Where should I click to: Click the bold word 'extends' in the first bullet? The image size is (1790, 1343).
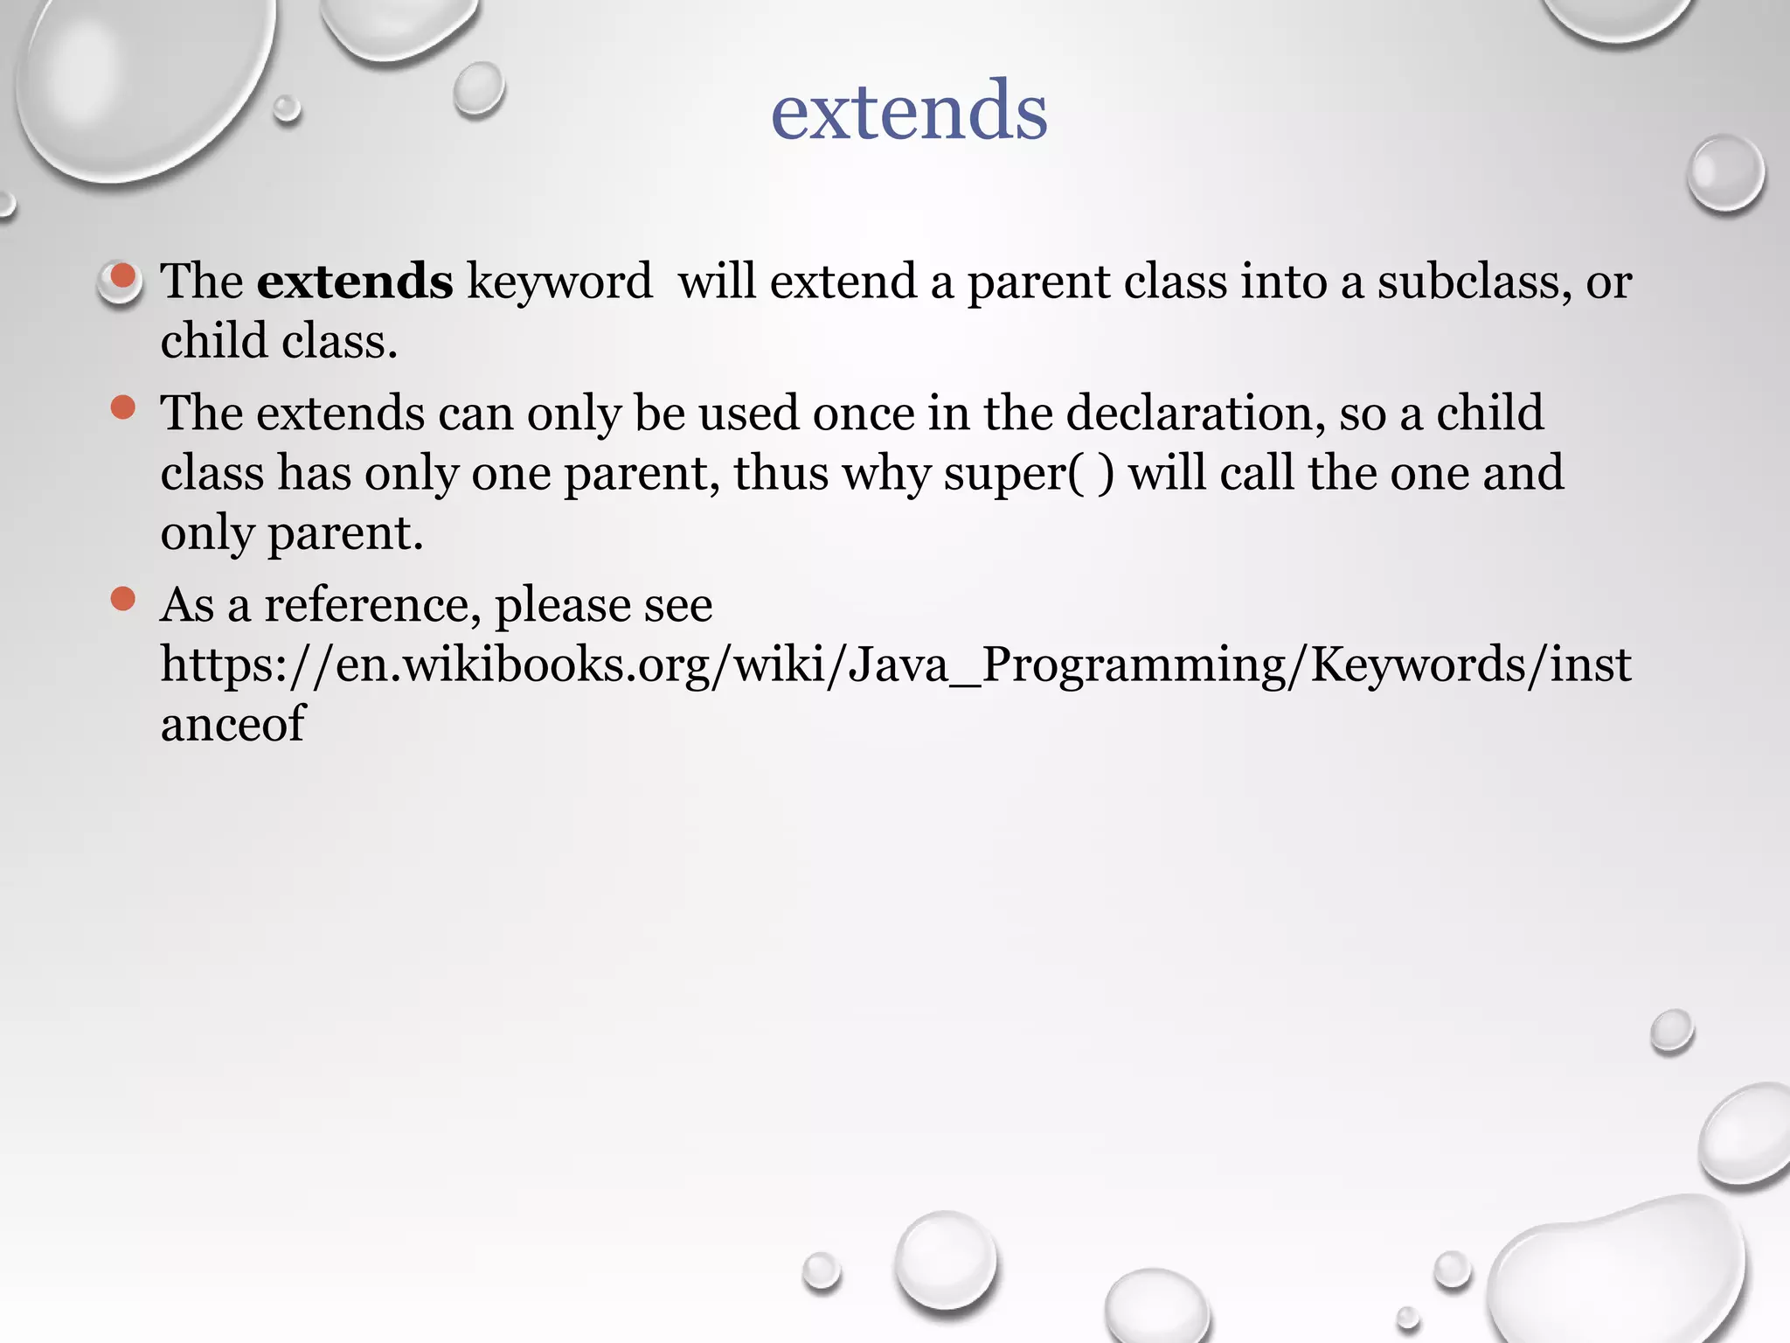(x=354, y=282)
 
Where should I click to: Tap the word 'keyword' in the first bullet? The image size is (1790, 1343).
(x=559, y=282)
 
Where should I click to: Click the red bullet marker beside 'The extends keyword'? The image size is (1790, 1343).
(x=123, y=277)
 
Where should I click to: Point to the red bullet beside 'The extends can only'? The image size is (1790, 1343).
(x=123, y=407)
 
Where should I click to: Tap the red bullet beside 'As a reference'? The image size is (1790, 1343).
(x=123, y=599)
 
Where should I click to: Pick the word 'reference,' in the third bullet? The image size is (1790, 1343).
(x=372, y=604)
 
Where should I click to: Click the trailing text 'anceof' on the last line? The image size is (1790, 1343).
(x=232, y=724)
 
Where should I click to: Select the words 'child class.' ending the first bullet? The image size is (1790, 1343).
(x=279, y=341)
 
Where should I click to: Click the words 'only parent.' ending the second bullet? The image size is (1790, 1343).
(x=292, y=532)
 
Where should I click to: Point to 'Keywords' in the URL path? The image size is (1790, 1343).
(x=1418, y=665)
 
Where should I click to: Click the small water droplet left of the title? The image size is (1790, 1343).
(x=478, y=88)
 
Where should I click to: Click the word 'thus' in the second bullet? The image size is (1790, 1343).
(x=781, y=473)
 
